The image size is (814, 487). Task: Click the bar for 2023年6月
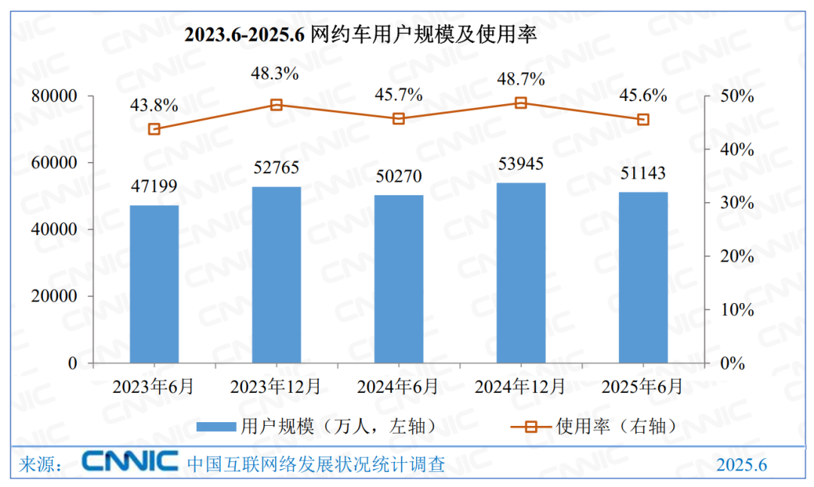click(154, 284)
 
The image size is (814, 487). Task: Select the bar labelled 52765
click(276, 275)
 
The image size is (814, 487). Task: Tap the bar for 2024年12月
click(521, 273)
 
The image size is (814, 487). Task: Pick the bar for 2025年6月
click(643, 277)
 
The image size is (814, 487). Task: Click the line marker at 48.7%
click(521, 103)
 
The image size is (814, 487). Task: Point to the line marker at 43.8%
click(154, 129)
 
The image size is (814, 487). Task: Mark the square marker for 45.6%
click(643, 120)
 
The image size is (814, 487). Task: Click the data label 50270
click(399, 177)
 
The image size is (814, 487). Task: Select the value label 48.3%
click(275, 74)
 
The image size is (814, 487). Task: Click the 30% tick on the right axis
click(736, 203)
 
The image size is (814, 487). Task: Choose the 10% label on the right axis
click(736, 310)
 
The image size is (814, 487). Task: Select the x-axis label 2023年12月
click(275, 387)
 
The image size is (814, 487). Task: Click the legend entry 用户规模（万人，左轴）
click(317, 427)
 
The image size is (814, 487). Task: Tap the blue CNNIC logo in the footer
click(130, 461)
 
